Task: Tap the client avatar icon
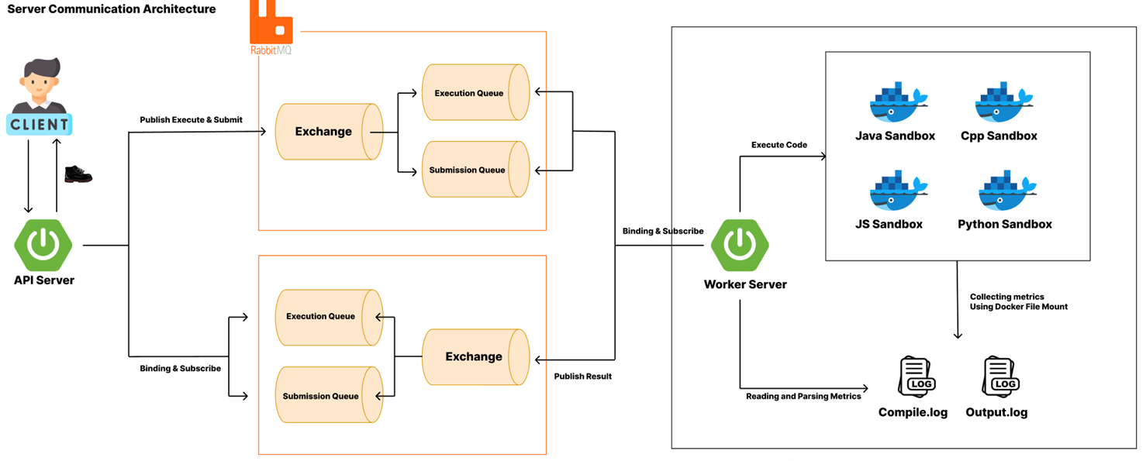pos(40,96)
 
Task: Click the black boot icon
pos(78,174)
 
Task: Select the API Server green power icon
pos(43,246)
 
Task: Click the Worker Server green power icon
pos(740,246)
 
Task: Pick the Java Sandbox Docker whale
pos(898,102)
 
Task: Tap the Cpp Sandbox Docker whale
pos(1003,102)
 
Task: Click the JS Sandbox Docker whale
pos(898,190)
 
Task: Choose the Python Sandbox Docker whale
pos(1007,190)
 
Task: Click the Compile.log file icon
pos(916,377)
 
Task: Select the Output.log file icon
pos(1001,377)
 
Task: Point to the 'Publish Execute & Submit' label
pos(191,119)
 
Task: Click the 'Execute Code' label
pos(779,145)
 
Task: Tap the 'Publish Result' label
pos(583,376)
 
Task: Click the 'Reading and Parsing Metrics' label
pos(803,396)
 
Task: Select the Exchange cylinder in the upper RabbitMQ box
pos(329,132)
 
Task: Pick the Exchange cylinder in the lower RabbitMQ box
pos(476,356)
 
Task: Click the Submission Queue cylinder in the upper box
pos(476,169)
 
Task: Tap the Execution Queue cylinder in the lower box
pos(329,318)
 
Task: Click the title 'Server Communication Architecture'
pos(112,9)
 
